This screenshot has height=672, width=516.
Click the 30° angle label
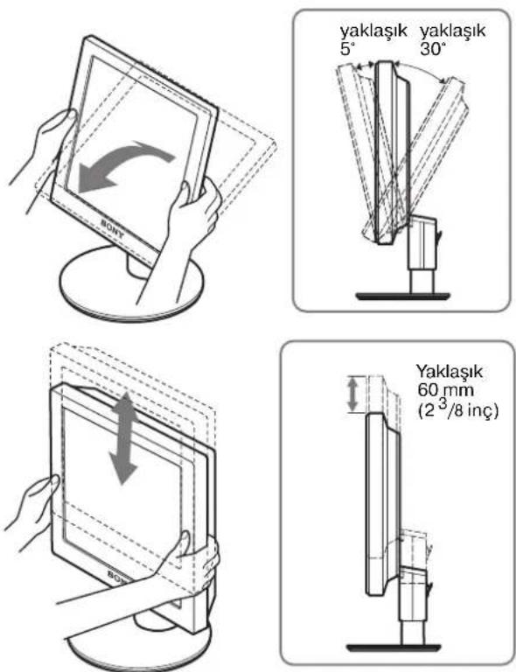point(430,50)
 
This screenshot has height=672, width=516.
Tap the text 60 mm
point(439,391)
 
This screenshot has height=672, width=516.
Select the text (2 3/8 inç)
point(457,410)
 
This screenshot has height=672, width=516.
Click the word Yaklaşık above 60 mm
point(450,371)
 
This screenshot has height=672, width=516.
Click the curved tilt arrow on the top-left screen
point(126,167)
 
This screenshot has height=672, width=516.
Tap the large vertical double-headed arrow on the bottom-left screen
point(124,438)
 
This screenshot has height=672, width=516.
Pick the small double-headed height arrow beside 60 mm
point(352,395)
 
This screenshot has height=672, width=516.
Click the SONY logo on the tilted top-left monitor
point(112,229)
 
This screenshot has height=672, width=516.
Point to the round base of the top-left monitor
point(130,284)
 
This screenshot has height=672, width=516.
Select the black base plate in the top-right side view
point(402,296)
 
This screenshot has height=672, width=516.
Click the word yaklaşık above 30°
point(453,31)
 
